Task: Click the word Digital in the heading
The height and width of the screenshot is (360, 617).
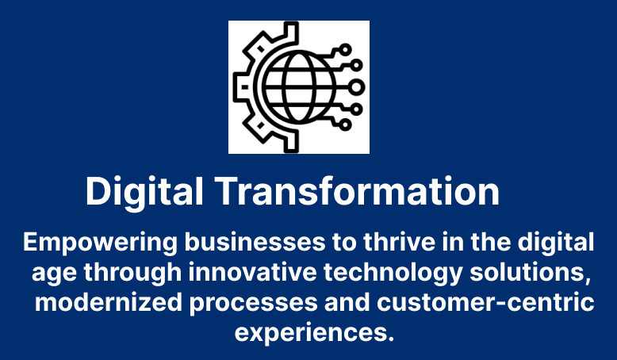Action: (x=144, y=193)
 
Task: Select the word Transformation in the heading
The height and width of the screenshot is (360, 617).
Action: (x=358, y=191)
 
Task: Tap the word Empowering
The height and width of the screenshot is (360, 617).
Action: (x=101, y=243)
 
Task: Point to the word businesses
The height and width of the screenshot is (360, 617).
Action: (x=255, y=242)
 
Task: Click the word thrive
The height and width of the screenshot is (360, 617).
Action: (x=399, y=242)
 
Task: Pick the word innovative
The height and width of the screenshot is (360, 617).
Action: (x=253, y=272)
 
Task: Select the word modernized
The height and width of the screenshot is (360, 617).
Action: (x=109, y=303)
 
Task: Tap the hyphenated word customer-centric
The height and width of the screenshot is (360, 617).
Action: (x=485, y=303)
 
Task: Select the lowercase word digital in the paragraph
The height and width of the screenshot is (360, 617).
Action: (x=556, y=243)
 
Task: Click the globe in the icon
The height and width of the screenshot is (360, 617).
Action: (x=299, y=87)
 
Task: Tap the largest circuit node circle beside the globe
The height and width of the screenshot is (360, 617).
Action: (x=356, y=87)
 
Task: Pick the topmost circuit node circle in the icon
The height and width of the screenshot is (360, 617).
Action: (x=345, y=50)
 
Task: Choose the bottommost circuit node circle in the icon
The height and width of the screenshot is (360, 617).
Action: (x=345, y=124)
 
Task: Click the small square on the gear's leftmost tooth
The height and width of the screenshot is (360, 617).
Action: (x=245, y=87)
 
